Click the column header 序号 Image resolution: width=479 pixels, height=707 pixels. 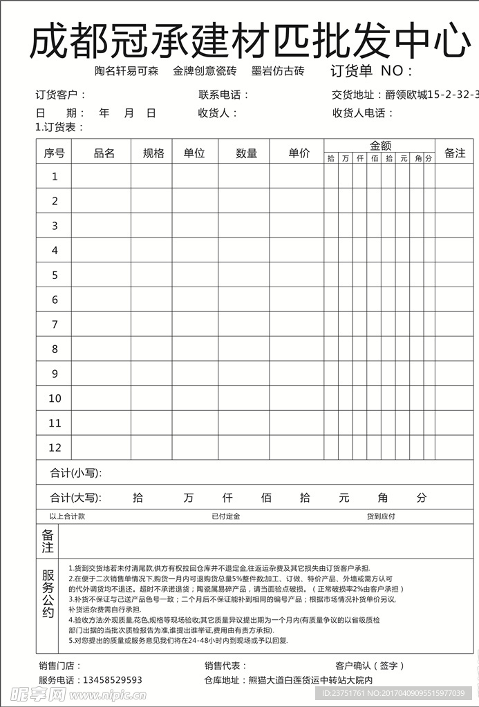[x=54, y=153]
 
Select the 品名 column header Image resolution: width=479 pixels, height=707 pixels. [x=104, y=153]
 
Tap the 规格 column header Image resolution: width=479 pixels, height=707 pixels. [x=153, y=153]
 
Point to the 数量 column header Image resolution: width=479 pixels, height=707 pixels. [x=247, y=153]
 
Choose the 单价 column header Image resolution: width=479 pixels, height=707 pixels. [x=299, y=153]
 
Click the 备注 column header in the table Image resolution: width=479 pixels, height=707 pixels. [x=455, y=153]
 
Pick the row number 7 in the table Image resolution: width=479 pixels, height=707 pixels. [x=55, y=325]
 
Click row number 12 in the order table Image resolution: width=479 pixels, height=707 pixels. [x=55, y=447]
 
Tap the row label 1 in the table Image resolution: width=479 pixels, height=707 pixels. [x=55, y=177]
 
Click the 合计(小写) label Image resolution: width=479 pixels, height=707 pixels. [x=76, y=473]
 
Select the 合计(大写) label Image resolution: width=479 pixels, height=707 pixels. [x=76, y=497]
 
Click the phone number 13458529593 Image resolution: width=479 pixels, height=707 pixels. [x=113, y=680]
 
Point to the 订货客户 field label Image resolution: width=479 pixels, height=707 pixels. [x=61, y=95]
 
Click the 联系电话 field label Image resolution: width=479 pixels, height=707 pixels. [x=223, y=95]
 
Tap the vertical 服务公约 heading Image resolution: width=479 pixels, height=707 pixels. [x=48, y=594]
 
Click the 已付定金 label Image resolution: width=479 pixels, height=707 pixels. [x=225, y=516]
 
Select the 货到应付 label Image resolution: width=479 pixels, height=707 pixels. [x=381, y=516]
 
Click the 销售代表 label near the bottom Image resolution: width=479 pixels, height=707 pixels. [x=225, y=666]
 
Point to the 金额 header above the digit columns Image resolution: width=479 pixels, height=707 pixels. [x=380, y=146]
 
